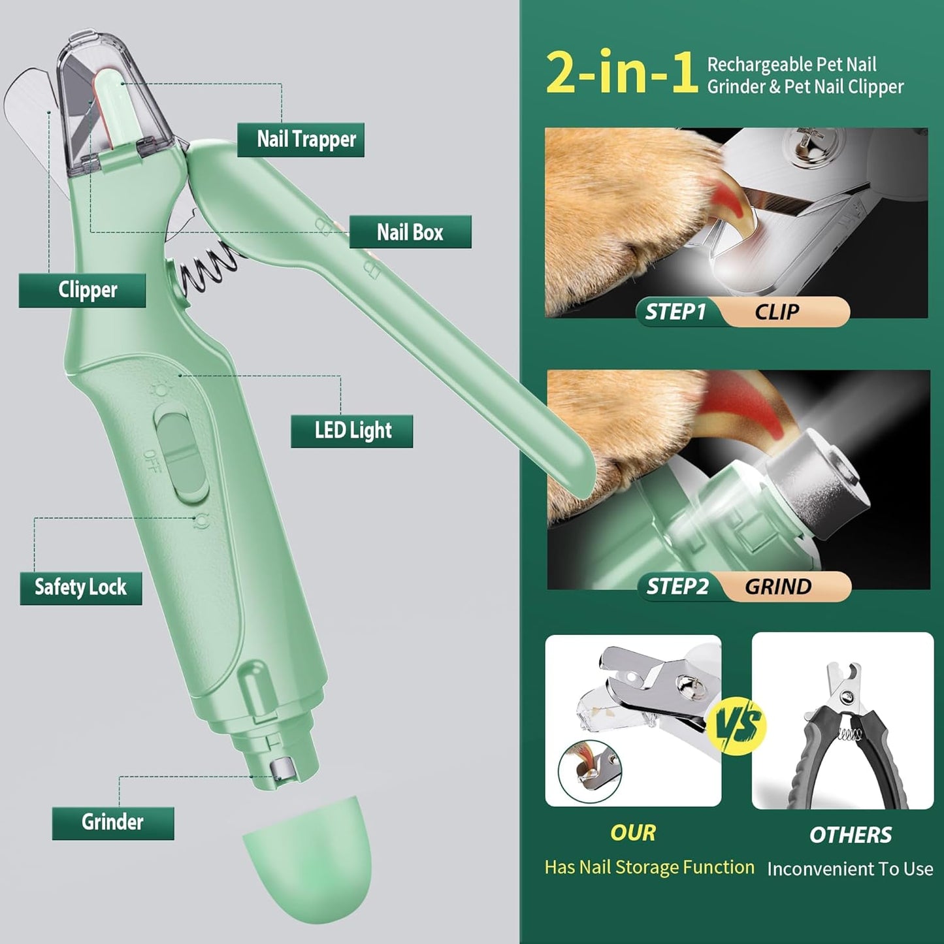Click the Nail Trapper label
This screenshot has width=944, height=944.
(x=301, y=140)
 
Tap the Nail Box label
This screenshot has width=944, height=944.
(x=410, y=232)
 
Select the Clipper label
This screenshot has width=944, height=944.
(x=82, y=290)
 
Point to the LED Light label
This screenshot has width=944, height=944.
(x=352, y=431)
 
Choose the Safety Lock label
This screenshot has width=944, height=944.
(x=81, y=587)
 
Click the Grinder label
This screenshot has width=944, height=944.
(x=112, y=822)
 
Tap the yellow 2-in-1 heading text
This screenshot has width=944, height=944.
(x=621, y=73)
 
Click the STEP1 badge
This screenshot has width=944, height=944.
(x=675, y=312)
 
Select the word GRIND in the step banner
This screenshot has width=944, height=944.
(x=778, y=587)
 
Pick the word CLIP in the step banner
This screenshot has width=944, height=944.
(x=777, y=312)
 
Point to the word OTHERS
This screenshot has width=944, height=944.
(x=850, y=835)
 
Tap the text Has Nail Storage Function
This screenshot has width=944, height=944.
(x=649, y=867)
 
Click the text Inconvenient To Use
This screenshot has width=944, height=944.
(x=850, y=869)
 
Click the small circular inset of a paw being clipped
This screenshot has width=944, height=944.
(x=589, y=772)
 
